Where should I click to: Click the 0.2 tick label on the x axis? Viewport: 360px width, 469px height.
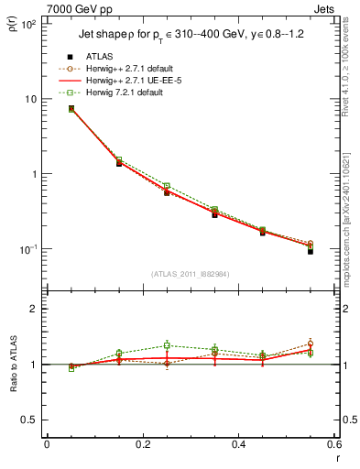[142, 444]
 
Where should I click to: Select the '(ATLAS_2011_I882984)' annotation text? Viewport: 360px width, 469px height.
[189, 274]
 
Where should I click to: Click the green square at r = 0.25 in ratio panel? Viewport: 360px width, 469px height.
[167, 345]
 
